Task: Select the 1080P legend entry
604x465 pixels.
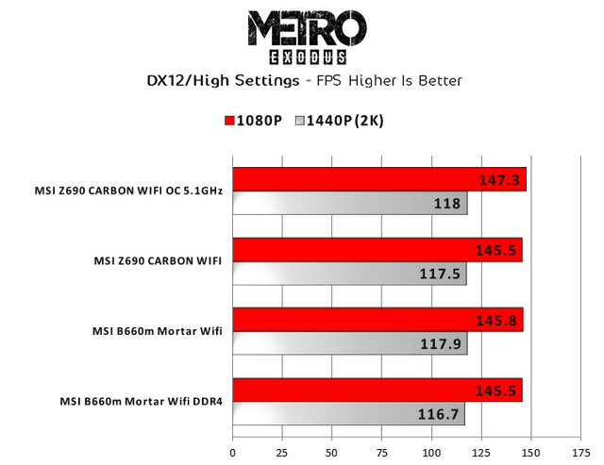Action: click(254, 122)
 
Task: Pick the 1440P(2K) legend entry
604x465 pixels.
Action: click(339, 122)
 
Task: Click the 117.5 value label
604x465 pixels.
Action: click(442, 274)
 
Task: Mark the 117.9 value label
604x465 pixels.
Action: click(442, 344)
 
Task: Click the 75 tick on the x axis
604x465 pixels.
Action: click(382, 438)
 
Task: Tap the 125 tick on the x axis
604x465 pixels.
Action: click(481, 438)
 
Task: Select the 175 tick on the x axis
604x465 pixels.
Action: click(580, 438)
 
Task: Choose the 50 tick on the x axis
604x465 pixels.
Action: click(332, 438)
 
